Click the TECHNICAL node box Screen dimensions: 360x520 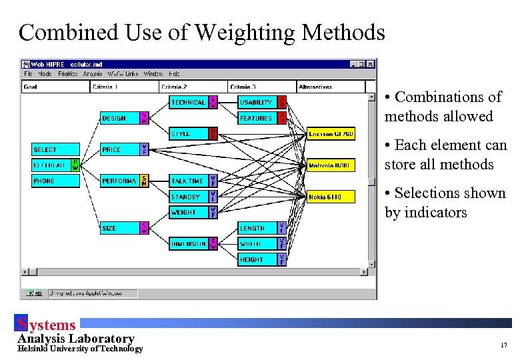(x=188, y=103)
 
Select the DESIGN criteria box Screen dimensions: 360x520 (x=119, y=119)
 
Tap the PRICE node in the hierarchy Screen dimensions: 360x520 (x=119, y=150)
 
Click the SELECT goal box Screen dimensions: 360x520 (x=56, y=150)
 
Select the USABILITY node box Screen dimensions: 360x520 (x=257, y=103)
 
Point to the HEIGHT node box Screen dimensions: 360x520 (x=257, y=260)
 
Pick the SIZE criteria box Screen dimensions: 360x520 (x=119, y=229)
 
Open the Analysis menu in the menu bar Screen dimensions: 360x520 (x=93, y=74)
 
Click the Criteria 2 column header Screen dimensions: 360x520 (x=193, y=87)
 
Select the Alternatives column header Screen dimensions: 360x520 (x=331, y=87)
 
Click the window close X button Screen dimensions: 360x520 (x=371, y=64)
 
